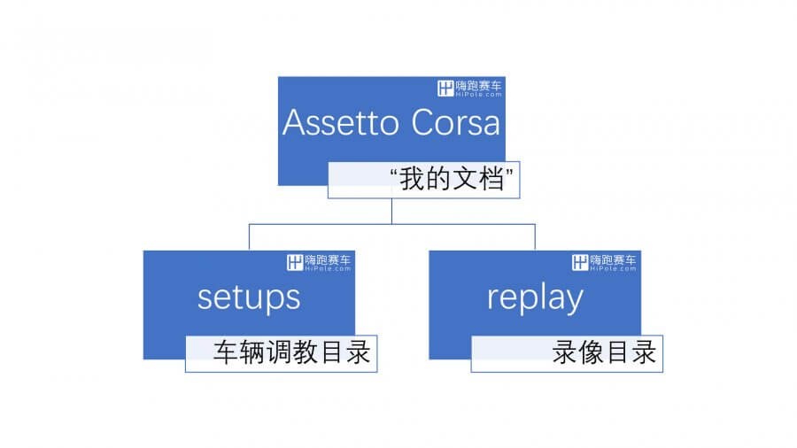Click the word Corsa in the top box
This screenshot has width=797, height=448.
pyautogui.click(x=455, y=122)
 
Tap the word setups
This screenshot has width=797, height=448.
pyautogui.click(x=249, y=298)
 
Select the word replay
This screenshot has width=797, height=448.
pyautogui.click(x=535, y=298)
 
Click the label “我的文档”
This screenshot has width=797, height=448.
pyautogui.click(x=452, y=179)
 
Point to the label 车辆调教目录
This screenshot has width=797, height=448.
pyautogui.click(x=291, y=352)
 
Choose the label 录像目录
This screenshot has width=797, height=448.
pyautogui.click(x=604, y=352)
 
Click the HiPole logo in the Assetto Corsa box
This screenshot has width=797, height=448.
pyautogui.click(x=469, y=89)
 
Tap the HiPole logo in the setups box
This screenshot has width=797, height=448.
pyautogui.click(x=319, y=263)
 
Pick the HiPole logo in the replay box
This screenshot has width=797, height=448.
pyautogui.click(x=604, y=263)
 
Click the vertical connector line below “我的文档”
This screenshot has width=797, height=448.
pyautogui.click(x=392, y=211)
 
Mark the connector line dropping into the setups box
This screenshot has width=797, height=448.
pyautogui.click(x=249, y=236)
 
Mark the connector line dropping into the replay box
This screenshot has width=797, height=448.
pyautogui.click(x=535, y=236)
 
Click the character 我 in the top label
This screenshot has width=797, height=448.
pyautogui.click(x=412, y=179)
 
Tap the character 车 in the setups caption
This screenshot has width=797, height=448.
pyautogui.click(x=225, y=352)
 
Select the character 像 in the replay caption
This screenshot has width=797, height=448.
pyautogui.click(x=592, y=352)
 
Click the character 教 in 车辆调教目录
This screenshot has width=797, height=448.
pyautogui.click(x=305, y=352)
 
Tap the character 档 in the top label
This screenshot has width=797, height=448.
pyautogui.click(x=491, y=179)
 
